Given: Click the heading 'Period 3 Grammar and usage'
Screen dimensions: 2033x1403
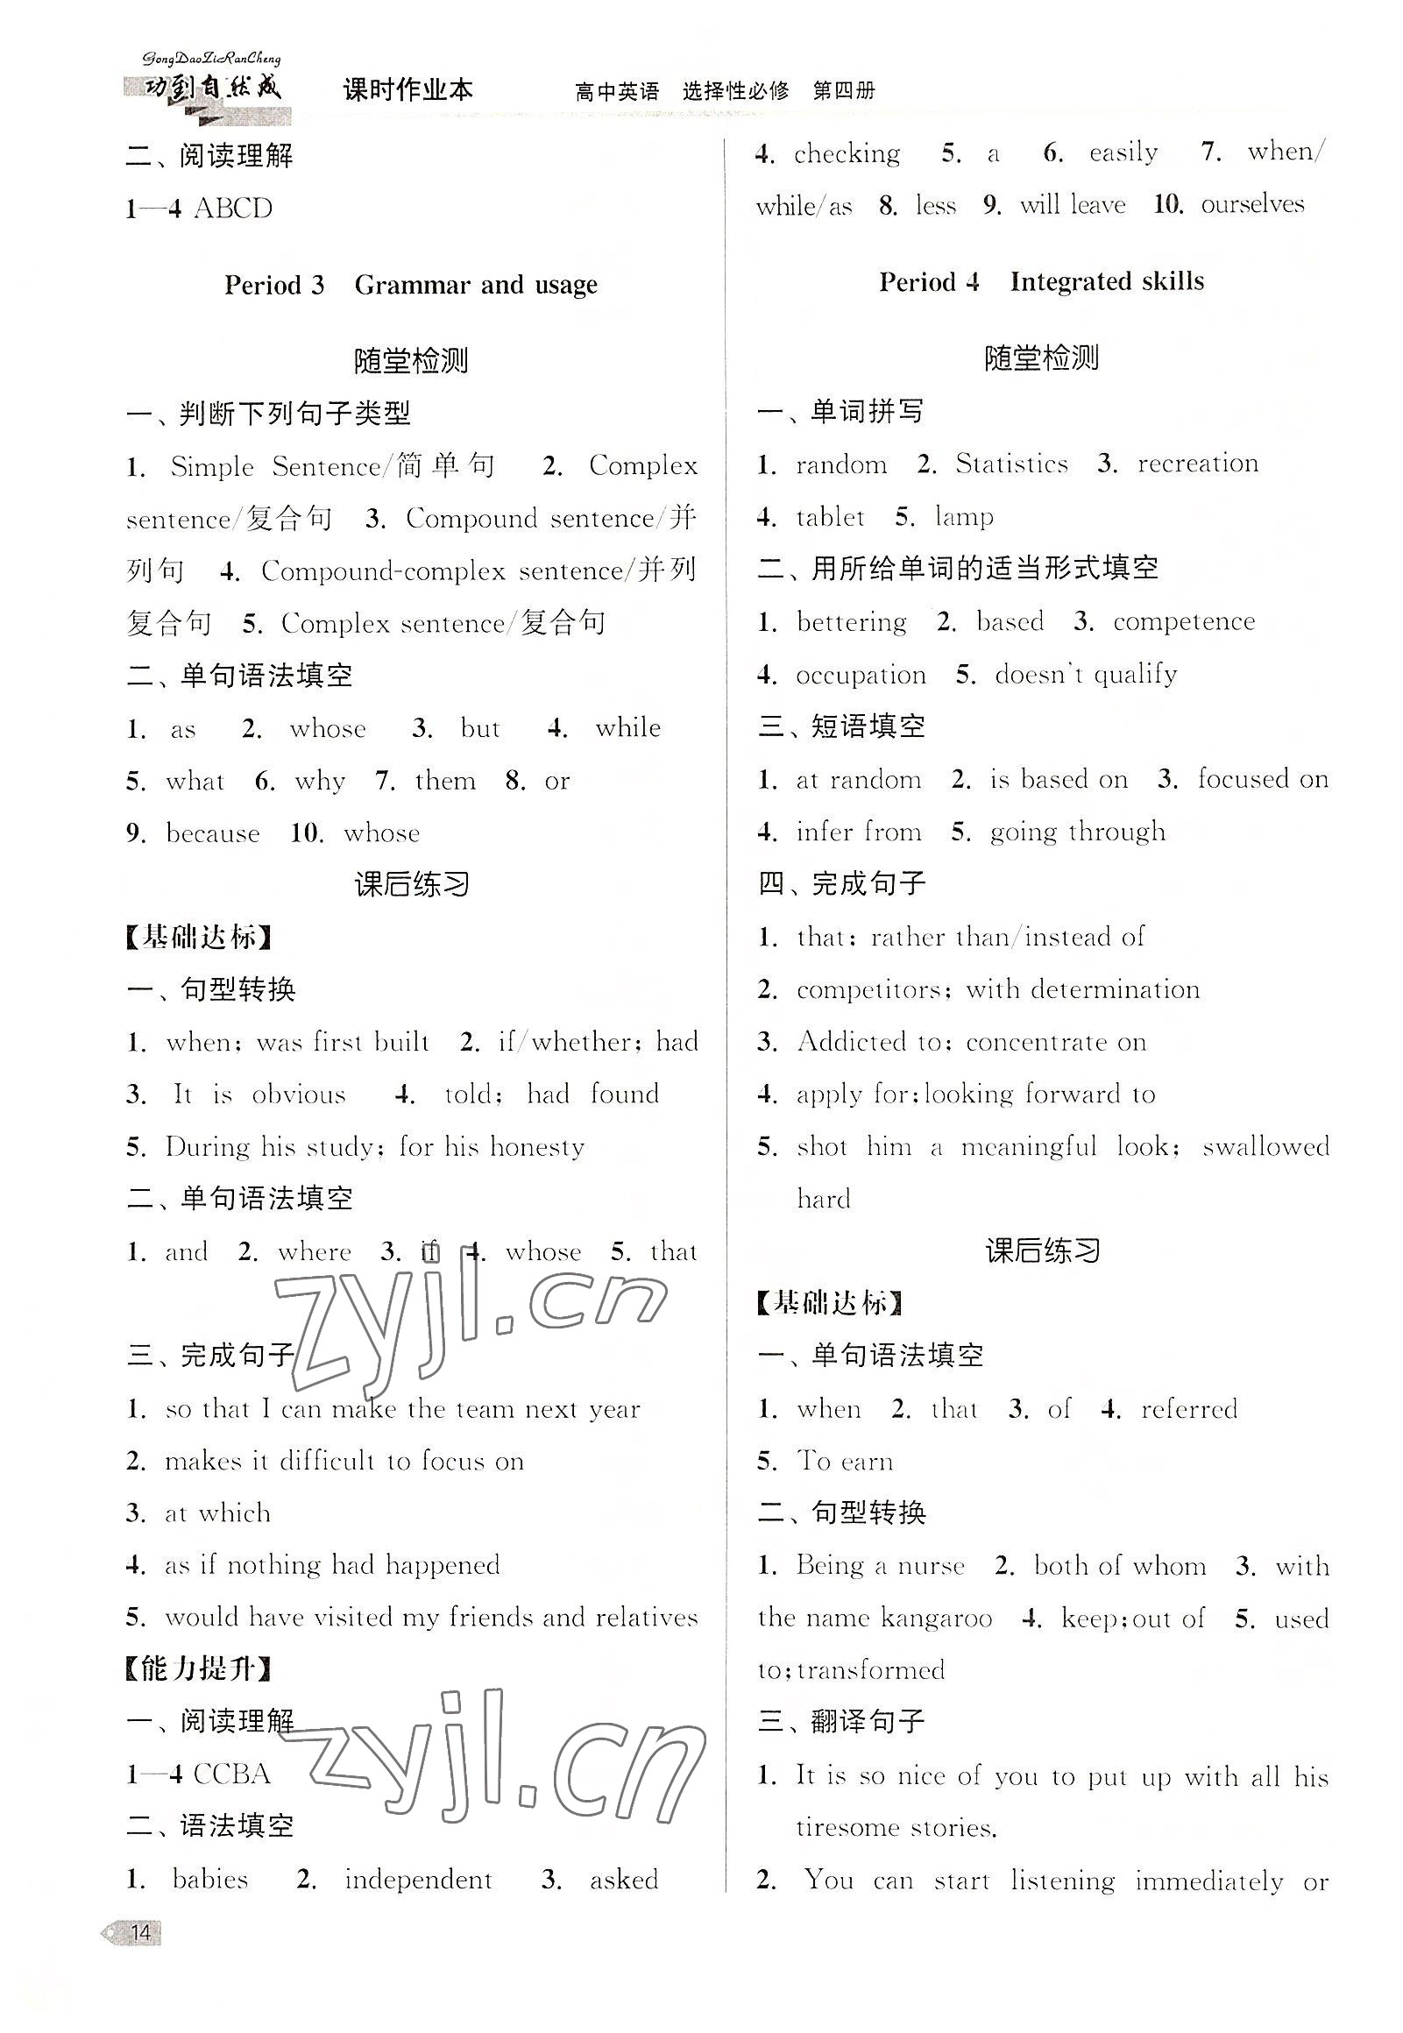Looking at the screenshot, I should click(410, 285).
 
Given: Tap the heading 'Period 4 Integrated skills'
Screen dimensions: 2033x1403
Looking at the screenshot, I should click(1041, 282).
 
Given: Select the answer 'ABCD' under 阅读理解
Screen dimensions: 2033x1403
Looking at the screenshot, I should click(233, 209).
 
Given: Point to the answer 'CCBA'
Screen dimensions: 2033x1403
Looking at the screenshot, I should click(232, 1774).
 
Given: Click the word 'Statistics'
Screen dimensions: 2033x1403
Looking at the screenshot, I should click(1012, 464).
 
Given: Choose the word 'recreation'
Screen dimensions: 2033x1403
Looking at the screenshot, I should click(1197, 464).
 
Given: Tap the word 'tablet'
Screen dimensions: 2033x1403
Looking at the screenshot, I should click(830, 517).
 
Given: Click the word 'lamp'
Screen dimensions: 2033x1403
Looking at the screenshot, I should click(964, 517).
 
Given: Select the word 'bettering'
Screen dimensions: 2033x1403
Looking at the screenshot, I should click(851, 621).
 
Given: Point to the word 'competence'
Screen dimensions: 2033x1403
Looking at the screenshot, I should click(1183, 621).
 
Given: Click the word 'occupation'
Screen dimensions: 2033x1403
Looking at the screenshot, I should click(861, 675).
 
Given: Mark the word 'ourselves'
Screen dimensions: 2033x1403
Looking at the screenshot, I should click(1251, 205).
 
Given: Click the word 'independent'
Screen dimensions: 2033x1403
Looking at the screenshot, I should click(417, 1880).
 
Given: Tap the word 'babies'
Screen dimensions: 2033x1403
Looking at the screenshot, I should click(210, 1880).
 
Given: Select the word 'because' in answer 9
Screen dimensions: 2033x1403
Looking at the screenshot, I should click(213, 833).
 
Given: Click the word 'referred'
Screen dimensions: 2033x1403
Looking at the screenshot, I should click(1188, 1410).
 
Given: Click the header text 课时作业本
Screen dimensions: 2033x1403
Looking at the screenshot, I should click(407, 89).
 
